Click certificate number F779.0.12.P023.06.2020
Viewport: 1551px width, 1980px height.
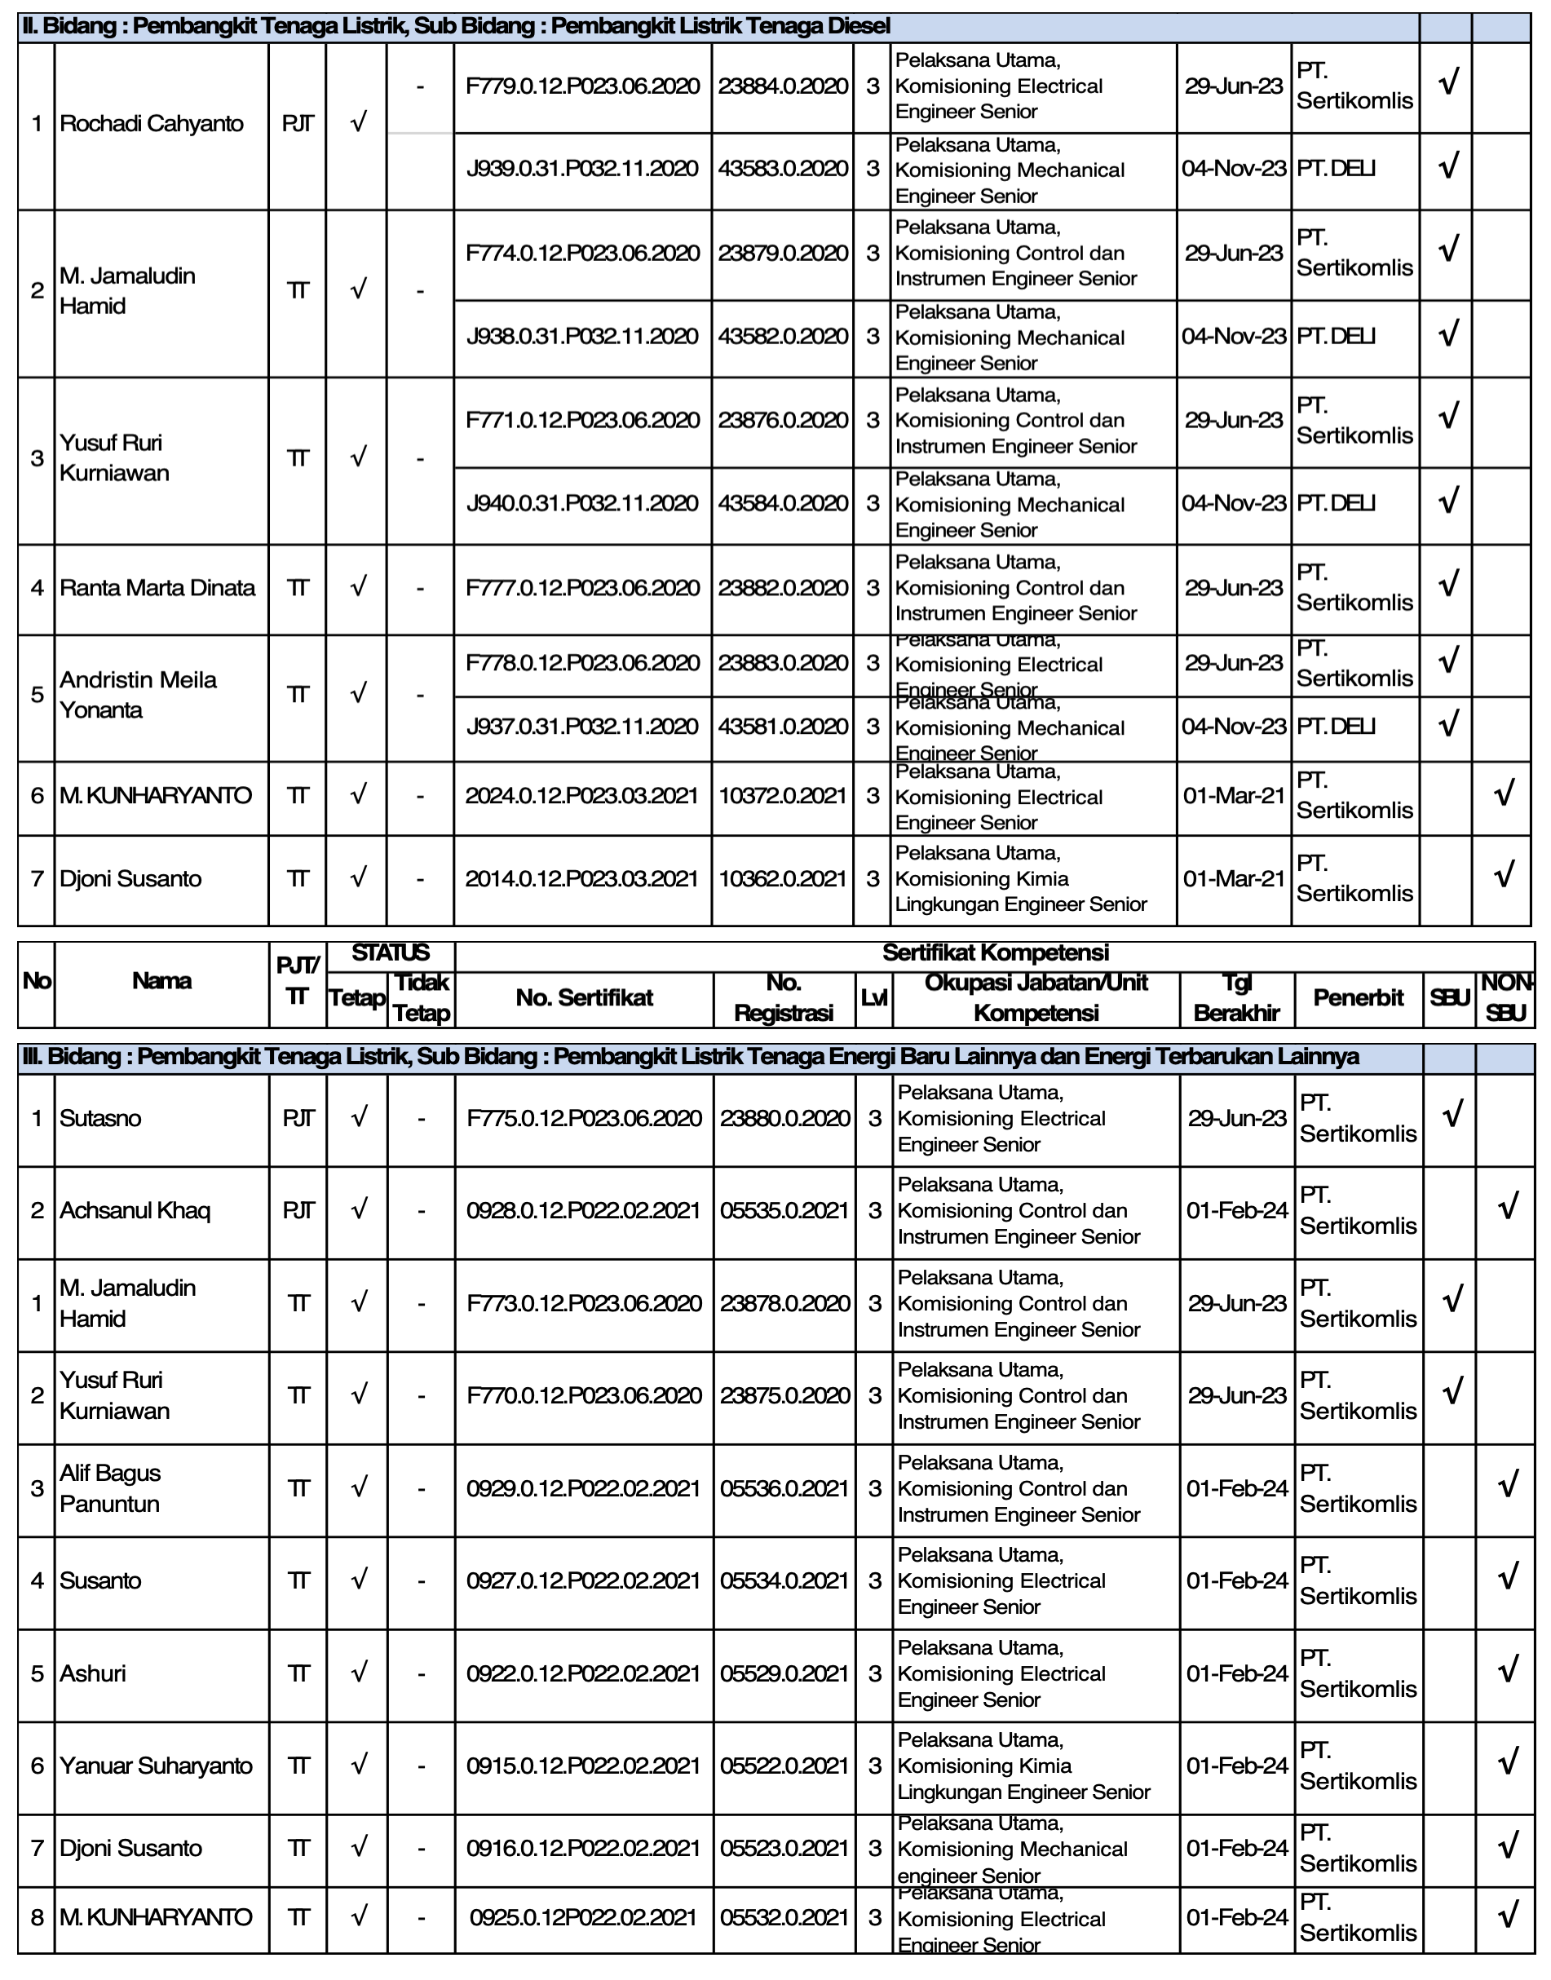coord(582,86)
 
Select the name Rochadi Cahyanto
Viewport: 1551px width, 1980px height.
coord(151,123)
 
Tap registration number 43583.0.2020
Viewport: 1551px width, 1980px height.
coord(783,168)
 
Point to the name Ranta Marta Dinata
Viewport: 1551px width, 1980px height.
coord(157,588)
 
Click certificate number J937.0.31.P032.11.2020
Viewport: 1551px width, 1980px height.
coord(582,727)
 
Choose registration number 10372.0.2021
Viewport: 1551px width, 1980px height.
coord(783,796)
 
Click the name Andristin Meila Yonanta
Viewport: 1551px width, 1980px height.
coord(138,695)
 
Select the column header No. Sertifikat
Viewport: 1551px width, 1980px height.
coord(584,997)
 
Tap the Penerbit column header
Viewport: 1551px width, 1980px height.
coord(1359,997)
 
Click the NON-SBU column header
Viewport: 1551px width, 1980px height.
coord(1505,997)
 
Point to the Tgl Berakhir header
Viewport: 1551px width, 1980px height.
coord(1237,997)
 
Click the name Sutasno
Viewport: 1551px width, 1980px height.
coord(99,1118)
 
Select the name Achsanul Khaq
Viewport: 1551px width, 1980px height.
coord(135,1211)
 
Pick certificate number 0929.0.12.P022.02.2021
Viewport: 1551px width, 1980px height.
coord(583,1488)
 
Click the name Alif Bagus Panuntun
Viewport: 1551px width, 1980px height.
coord(110,1488)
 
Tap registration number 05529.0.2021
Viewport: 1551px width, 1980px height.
coord(784,1674)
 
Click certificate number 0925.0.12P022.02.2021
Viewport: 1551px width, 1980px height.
coord(583,1917)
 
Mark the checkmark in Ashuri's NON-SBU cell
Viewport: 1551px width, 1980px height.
coord(1508,1670)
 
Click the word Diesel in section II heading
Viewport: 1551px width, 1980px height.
coord(859,26)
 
